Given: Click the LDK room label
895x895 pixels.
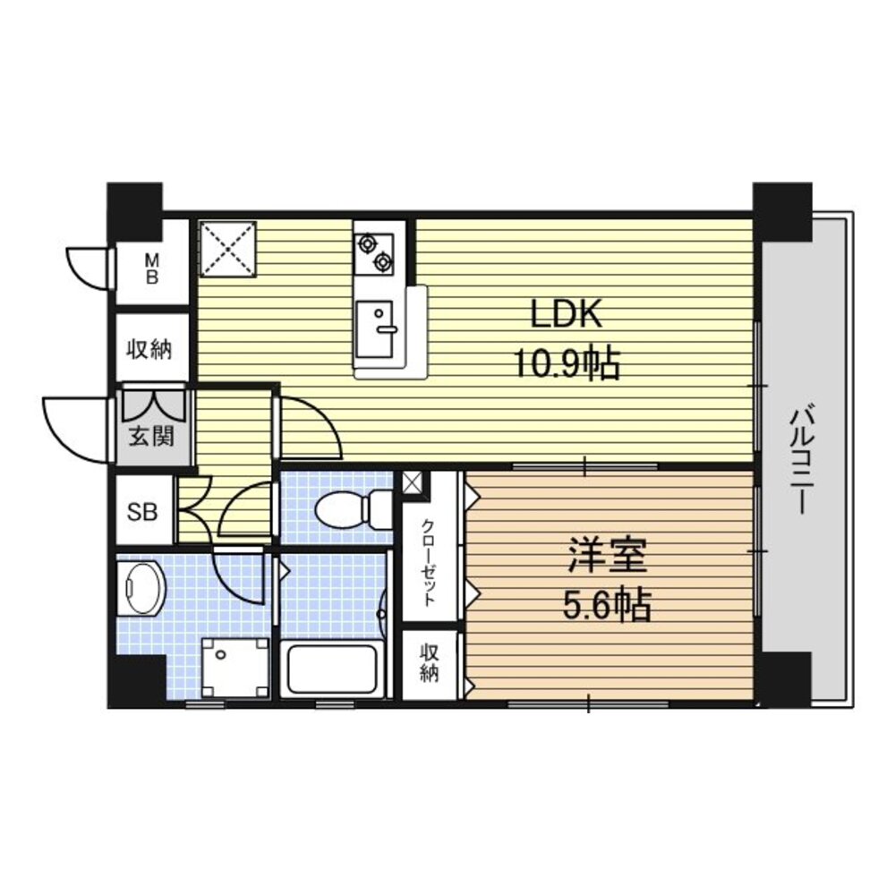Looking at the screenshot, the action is tap(567, 314).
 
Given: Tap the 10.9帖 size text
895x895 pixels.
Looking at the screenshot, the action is tap(567, 363).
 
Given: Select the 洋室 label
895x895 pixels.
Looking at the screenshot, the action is tap(608, 556).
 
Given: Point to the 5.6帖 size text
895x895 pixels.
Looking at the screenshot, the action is tap(608, 605).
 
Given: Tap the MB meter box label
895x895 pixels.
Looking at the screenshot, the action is tap(152, 268).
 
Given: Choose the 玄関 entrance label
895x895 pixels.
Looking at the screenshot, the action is tap(150, 437).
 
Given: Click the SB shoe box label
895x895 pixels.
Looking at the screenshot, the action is tap(141, 512).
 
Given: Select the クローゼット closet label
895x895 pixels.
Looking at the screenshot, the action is tap(429, 563).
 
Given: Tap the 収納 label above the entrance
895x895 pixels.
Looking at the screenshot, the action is tap(149, 349).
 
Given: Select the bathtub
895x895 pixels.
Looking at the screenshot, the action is tap(332, 669).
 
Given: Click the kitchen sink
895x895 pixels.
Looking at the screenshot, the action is tap(374, 329).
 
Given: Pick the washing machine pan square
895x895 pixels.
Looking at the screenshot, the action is tap(235, 667).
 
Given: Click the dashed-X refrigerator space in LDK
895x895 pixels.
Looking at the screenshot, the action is tap(227, 250).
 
